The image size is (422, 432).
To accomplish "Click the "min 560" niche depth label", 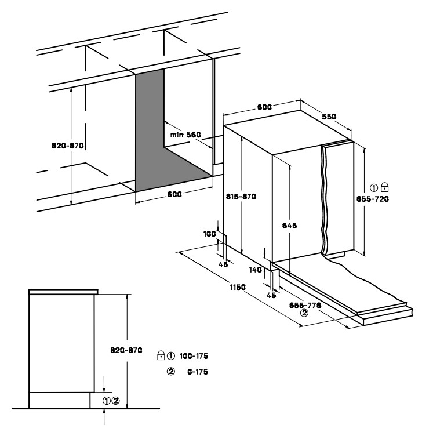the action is (185, 135).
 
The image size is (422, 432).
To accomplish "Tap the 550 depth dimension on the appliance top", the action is (329, 117).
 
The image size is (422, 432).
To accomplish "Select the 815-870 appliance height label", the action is (241, 197).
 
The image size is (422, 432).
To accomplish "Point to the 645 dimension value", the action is (289, 226).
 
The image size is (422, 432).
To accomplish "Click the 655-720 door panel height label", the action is (372, 199).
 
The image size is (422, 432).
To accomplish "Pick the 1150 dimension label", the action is (238, 287).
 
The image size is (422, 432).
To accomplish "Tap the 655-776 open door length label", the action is (305, 305).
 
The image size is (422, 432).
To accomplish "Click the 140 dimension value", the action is (256, 270).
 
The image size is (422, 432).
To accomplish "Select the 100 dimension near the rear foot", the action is (209, 234).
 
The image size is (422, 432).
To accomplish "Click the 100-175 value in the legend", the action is (194, 356).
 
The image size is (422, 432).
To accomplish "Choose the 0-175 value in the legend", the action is (198, 372).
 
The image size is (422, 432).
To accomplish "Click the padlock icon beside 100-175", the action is (161, 355).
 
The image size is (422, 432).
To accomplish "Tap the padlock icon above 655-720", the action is (384, 187).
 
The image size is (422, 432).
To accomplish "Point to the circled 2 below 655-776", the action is (304, 313).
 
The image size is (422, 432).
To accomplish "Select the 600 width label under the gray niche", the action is (174, 194).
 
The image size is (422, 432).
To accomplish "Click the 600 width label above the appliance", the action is (264, 107).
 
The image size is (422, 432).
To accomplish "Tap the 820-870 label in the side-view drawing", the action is (126, 350).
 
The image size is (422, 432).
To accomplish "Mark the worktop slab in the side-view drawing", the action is (63, 292).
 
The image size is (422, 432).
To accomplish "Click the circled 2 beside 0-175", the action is (171, 372).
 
